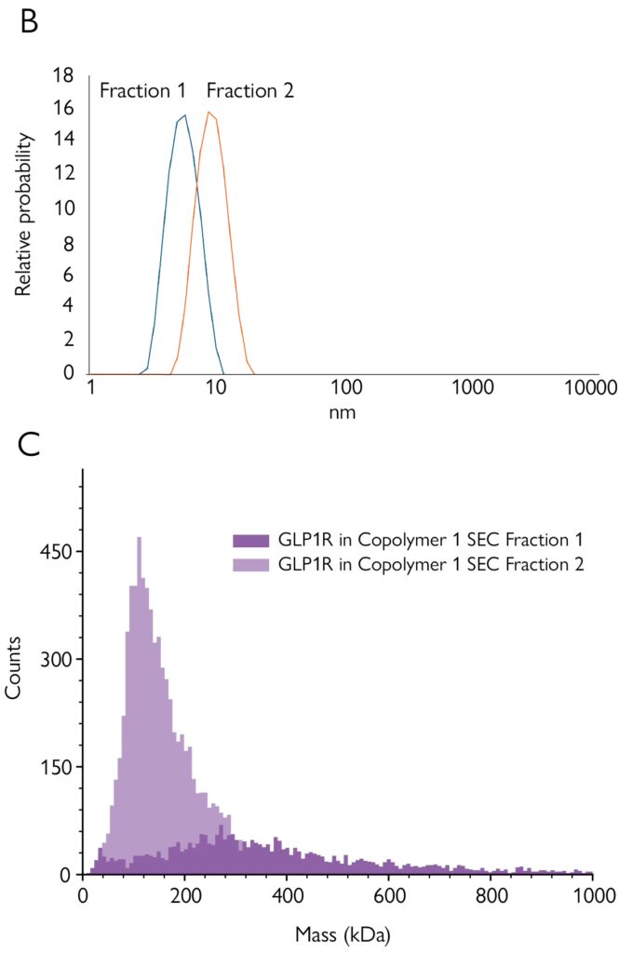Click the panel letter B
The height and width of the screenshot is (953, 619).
(29, 22)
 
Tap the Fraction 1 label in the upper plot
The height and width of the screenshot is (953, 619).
(142, 90)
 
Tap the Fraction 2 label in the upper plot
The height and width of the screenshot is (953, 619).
(250, 90)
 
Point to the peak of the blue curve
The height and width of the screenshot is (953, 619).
(184, 115)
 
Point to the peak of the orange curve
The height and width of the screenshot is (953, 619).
(210, 113)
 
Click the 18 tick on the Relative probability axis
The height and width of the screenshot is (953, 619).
(63, 76)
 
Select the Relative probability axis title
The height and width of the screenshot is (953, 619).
(24, 216)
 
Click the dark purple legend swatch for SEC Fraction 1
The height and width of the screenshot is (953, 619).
(249, 540)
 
